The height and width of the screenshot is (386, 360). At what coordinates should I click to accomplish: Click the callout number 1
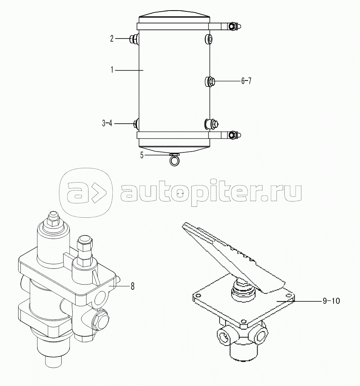coord(112,70)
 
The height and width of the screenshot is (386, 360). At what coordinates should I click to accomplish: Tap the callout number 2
coord(112,39)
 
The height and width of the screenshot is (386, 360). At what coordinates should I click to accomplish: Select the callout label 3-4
coord(107,123)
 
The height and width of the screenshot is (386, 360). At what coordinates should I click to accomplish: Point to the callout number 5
coord(142,155)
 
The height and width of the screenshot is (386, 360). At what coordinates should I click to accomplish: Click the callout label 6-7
coord(246,81)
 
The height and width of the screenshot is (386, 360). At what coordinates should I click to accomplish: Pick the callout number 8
coord(132,286)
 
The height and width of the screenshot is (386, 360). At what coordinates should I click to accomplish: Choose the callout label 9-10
coord(331,301)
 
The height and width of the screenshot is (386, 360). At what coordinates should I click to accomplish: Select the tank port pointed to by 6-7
coord(210,81)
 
